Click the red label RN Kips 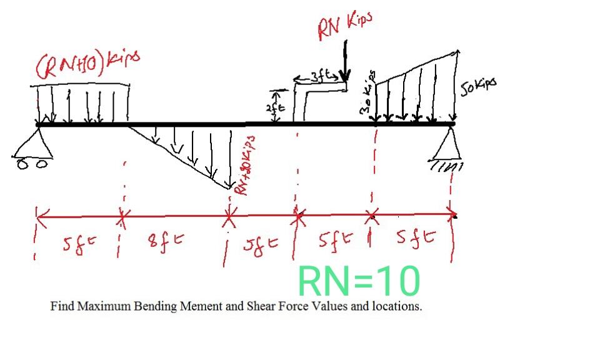pyautogui.click(x=344, y=25)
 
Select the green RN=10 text pyautogui.click(x=359, y=281)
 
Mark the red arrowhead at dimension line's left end pyautogui.click(x=40, y=216)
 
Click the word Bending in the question pyautogui.click(x=154, y=307)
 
